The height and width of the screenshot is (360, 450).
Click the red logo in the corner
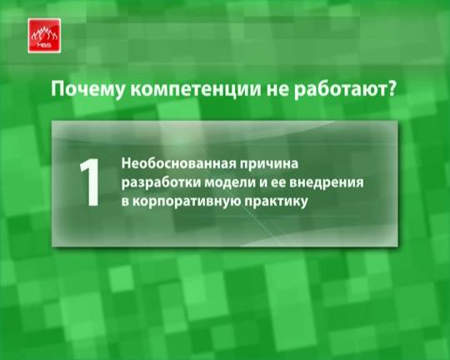click(x=44, y=36)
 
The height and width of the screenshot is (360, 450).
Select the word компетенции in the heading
click(x=196, y=90)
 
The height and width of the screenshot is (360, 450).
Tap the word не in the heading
click(x=277, y=90)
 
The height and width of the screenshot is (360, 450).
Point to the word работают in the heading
click(x=337, y=89)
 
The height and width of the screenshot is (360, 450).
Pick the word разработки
click(x=161, y=183)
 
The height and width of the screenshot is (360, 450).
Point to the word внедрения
click(x=327, y=183)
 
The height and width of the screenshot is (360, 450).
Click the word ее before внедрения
click(x=278, y=183)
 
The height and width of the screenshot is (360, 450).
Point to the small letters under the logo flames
click(x=44, y=45)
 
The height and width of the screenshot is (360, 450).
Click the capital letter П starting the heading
click(x=57, y=89)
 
